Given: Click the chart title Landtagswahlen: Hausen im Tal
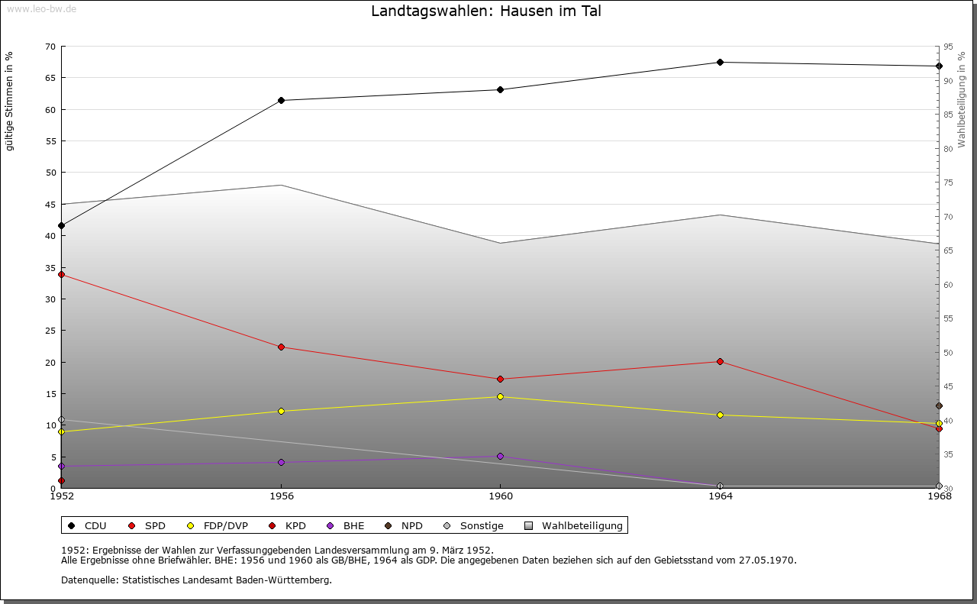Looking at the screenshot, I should point(486,11).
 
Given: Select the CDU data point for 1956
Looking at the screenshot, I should point(281,100).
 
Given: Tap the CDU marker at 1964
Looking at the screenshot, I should point(720,62).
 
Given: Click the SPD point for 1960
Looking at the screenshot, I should point(500,379).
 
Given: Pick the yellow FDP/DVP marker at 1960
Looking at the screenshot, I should point(500,396).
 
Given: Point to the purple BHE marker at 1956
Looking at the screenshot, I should point(281,462).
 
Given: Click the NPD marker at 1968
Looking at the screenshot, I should point(939,405).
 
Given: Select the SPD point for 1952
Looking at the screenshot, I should point(61,274).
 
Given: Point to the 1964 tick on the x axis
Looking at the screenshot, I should point(720,496).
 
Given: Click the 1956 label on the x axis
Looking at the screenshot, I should point(281,496).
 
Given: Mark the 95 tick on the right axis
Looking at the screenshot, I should point(948,47).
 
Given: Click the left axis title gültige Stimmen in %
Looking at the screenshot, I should point(10,102).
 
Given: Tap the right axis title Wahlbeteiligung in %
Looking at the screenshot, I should point(962,99).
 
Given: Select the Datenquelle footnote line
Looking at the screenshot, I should point(196,580).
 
